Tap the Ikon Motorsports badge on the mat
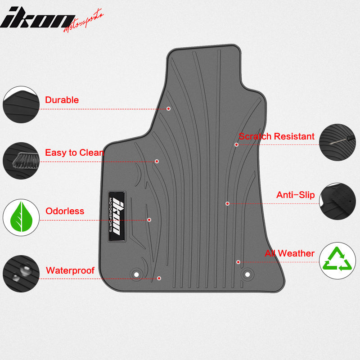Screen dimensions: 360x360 click(116, 216)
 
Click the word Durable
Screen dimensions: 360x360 click(62, 100)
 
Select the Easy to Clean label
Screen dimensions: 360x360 click(74, 153)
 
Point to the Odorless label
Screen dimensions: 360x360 click(65, 211)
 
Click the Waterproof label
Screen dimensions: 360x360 click(70, 270)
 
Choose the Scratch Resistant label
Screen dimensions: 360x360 click(276, 136)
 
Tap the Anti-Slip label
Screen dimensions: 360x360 click(295, 195)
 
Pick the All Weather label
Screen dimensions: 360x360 click(289, 253)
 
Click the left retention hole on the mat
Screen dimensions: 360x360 click(136, 274)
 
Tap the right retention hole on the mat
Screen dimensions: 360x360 click(247, 274)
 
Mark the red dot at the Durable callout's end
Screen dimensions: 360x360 click(168, 108)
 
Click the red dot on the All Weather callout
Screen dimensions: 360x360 click(238, 262)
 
